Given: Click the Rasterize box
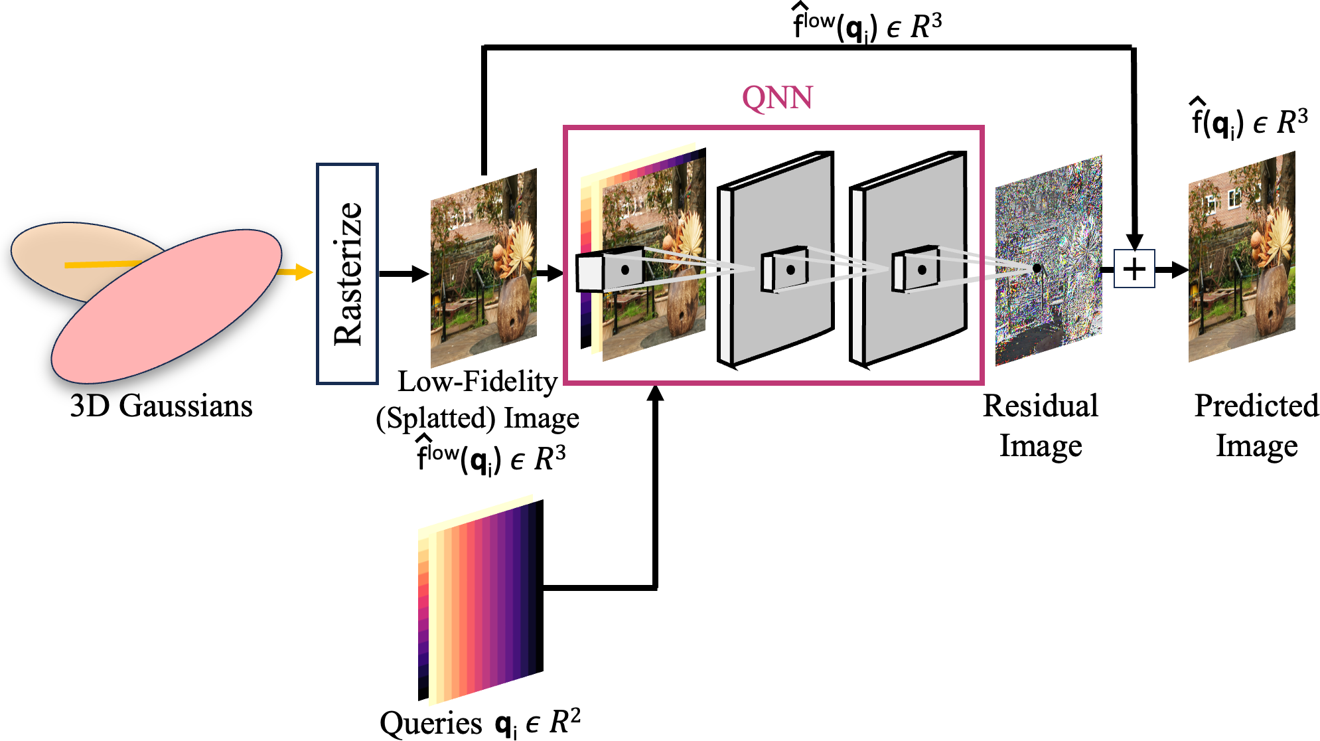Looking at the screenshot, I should pyautogui.click(x=347, y=274).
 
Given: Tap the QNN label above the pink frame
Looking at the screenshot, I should pyautogui.click(x=776, y=98).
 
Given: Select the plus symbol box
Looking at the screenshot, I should pyautogui.click(x=1134, y=269).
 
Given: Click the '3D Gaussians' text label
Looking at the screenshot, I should pyautogui.click(x=161, y=406).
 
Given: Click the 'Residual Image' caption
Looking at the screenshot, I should pyautogui.click(x=1041, y=425).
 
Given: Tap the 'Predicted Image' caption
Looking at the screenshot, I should pyautogui.click(x=1256, y=425).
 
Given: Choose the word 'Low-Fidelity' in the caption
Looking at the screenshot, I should pyautogui.click(x=477, y=382).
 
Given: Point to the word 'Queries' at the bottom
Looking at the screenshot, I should pyautogui.click(x=431, y=722).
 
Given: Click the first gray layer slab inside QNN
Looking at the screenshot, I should pyautogui.click(x=776, y=259).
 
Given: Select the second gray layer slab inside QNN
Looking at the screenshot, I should pyautogui.click(x=909, y=259).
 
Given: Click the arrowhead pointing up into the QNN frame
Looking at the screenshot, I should pyautogui.click(x=655, y=394).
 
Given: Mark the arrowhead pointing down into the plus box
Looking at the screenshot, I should pyautogui.click(x=1134, y=242).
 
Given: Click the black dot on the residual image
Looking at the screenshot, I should pyautogui.click(x=1037, y=268).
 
